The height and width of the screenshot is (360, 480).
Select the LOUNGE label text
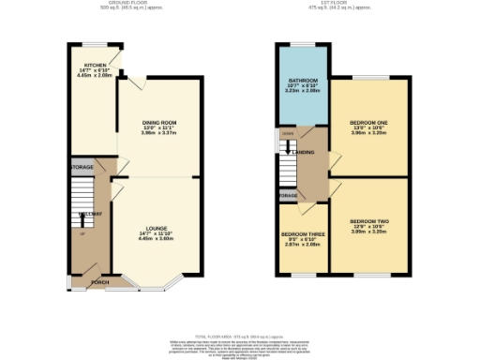pyautogui.click(x=156, y=228)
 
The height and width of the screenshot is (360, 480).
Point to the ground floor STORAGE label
pyautogui.click(x=82, y=167)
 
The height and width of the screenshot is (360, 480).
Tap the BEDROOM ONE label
pyautogui.click(x=368, y=123)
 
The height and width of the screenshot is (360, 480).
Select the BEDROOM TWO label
pyautogui.click(x=368, y=220)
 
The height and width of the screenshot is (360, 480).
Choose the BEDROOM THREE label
pyautogui.click(x=302, y=236)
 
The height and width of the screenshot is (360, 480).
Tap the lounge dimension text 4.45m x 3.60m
pyautogui.click(x=156, y=239)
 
